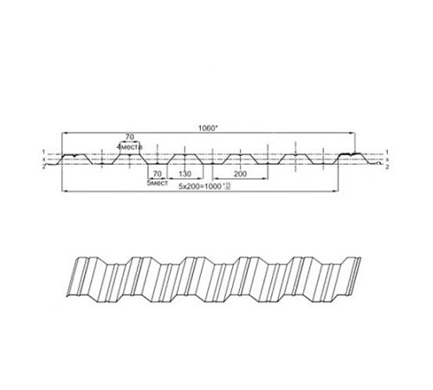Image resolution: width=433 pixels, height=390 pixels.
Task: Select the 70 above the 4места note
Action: tap(130, 137)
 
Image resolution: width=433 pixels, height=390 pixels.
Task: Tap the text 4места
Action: tap(130, 146)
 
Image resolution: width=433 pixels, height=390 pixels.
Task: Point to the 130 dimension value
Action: tap(185, 173)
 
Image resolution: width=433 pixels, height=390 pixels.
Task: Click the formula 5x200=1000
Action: tap(200, 185)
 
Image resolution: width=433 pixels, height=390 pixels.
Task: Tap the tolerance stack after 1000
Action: tap(227, 185)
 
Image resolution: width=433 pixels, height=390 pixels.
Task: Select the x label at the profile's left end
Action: tap(42, 159)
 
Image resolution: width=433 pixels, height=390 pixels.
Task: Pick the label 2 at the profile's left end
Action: tap(42, 166)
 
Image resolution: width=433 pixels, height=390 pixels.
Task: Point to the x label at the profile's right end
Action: tap(388, 159)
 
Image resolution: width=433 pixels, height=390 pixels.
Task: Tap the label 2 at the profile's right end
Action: tap(388, 166)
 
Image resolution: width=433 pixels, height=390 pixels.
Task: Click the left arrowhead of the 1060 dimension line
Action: tap(63, 131)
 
